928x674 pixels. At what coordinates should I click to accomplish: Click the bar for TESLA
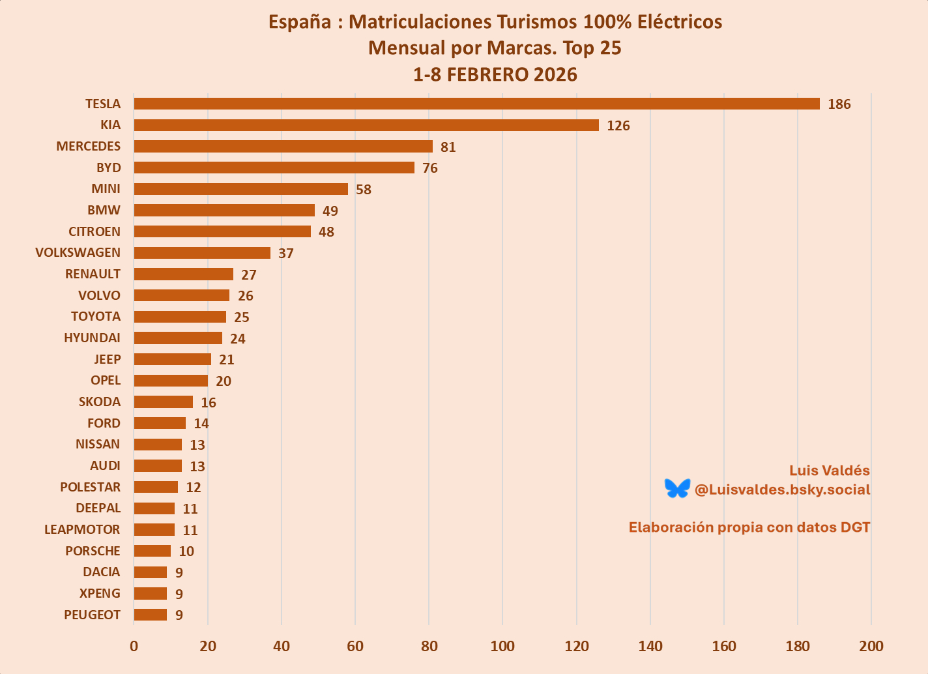[476, 104]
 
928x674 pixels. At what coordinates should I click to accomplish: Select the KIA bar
[366, 125]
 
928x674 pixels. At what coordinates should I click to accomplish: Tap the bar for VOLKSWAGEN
[202, 253]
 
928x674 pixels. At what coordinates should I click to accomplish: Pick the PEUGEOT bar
[151, 615]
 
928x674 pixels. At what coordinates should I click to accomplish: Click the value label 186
[839, 104]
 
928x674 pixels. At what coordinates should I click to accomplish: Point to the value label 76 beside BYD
[430, 168]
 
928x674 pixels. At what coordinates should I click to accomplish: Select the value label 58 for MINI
[364, 190]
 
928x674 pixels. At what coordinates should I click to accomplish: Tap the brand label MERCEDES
[88, 146]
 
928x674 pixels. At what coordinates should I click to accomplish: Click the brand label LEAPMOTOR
[82, 529]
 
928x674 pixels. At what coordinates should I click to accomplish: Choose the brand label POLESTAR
[90, 487]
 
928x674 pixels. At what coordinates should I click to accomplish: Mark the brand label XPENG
[100, 593]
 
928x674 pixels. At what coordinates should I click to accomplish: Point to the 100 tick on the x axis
[502, 646]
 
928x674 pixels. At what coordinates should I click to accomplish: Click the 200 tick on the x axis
[871, 646]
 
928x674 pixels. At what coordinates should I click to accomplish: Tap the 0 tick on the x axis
[134, 646]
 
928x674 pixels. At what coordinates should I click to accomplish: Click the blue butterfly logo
[677, 488]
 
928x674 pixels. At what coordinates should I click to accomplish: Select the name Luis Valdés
[829, 471]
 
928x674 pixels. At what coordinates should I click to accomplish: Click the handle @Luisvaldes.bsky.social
[782, 490]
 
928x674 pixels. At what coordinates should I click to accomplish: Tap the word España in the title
[300, 22]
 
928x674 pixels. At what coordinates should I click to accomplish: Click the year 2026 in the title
[555, 74]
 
